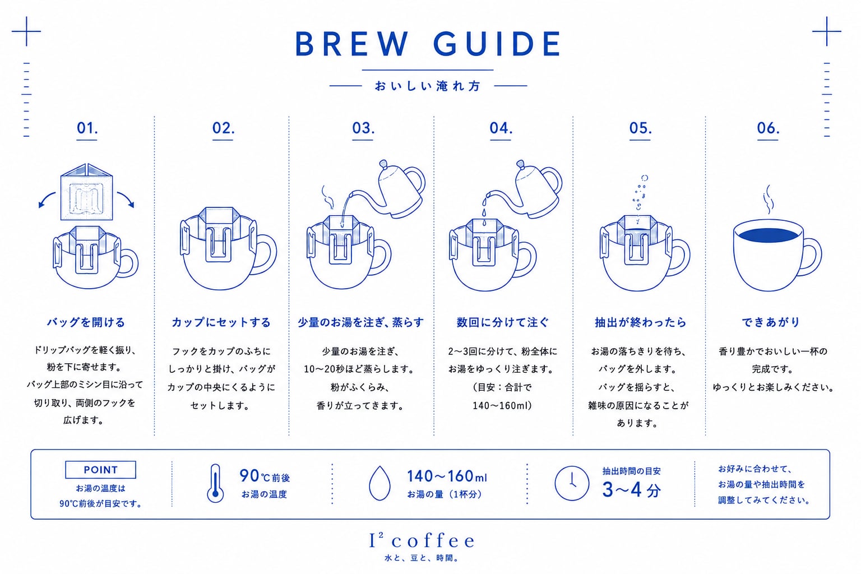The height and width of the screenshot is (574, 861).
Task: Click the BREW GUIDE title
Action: [x=428, y=44]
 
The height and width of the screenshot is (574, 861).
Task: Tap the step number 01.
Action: [x=87, y=128]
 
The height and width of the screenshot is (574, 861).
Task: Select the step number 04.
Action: [x=501, y=128]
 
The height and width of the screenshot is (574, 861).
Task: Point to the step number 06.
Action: [x=768, y=128]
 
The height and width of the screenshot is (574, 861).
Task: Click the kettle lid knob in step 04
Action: [x=520, y=164]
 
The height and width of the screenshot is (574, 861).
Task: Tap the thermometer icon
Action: [x=215, y=483]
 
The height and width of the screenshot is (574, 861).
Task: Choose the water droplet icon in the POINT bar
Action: [x=379, y=483]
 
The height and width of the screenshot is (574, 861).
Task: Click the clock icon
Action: [x=572, y=483]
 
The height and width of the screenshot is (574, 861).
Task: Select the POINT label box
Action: [x=100, y=469]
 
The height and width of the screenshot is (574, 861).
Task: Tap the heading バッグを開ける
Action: [x=86, y=322]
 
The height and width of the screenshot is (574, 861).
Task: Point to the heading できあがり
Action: [x=770, y=322]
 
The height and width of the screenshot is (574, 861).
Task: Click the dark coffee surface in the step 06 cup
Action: [x=769, y=235]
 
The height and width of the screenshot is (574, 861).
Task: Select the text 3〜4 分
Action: [x=632, y=490]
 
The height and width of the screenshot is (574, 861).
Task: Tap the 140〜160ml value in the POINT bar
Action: [x=447, y=476]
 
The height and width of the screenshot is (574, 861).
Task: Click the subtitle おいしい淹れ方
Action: [x=428, y=86]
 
